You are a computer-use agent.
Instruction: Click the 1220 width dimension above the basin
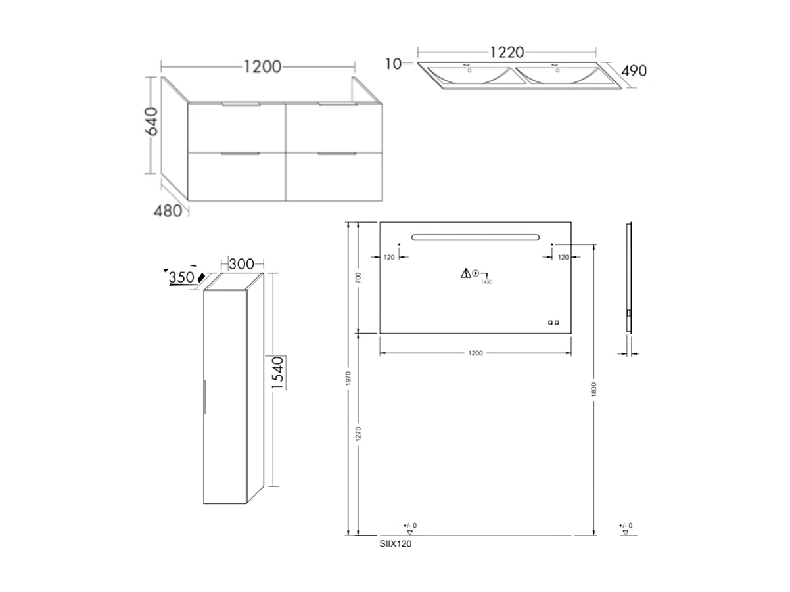[x=505, y=51]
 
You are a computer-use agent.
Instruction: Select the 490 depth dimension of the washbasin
[x=633, y=71]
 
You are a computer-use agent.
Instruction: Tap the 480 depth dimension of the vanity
[x=168, y=212]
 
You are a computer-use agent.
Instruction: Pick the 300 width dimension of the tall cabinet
[x=241, y=263]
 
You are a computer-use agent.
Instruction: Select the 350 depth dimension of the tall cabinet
[x=181, y=277]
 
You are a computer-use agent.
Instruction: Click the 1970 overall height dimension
[x=348, y=377]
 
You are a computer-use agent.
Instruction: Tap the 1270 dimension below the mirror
[x=358, y=434]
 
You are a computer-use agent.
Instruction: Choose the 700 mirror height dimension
[x=358, y=278]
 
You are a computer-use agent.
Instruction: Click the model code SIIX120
[x=396, y=544]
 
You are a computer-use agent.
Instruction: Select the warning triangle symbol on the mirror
[x=465, y=273]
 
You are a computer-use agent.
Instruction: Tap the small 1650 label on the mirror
[x=486, y=281]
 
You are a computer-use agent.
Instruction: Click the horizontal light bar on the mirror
[x=475, y=237]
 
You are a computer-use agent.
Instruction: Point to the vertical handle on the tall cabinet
[x=205, y=397]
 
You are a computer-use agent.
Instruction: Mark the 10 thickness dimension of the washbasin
[x=393, y=64]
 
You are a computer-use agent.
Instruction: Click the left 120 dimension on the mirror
[x=389, y=257]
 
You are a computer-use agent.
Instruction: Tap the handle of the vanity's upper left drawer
[x=242, y=104]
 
